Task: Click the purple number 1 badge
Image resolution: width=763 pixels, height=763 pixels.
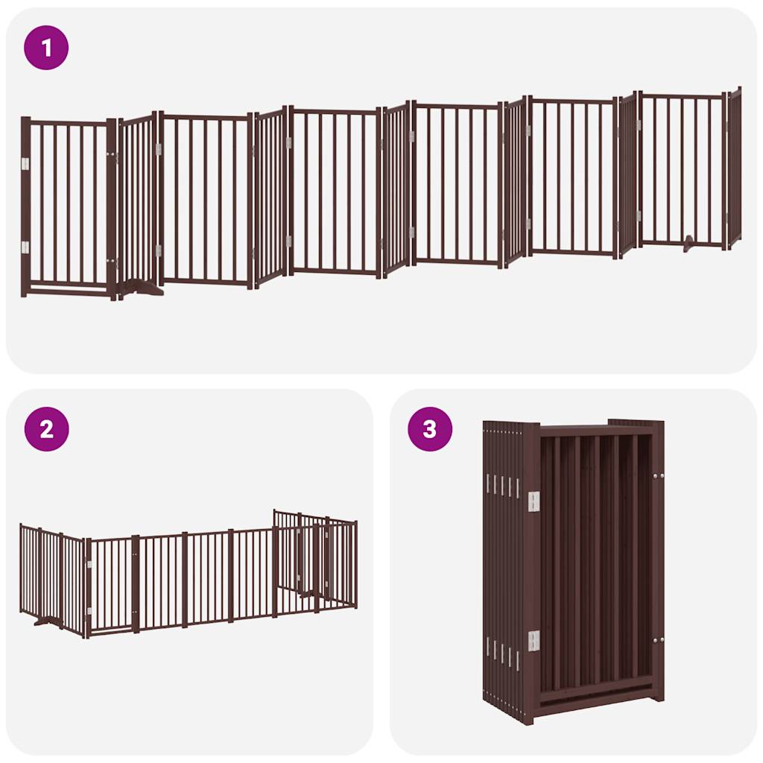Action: click(x=46, y=48)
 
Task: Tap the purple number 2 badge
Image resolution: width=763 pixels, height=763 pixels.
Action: click(x=47, y=429)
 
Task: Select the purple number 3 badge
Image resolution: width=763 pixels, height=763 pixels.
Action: click(x=430, y=429)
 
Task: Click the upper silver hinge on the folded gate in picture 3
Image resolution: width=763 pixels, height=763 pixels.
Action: click(x=534, y=501)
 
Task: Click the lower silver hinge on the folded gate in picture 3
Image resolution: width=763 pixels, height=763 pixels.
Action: click(x=534, y=641)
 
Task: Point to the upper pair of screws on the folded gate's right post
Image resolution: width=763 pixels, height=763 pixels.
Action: click(x=659, y=476)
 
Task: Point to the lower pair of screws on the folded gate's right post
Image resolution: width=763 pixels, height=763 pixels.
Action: click(x=659, y=640)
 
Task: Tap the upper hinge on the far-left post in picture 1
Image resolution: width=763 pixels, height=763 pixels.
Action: click(x=25, y=164)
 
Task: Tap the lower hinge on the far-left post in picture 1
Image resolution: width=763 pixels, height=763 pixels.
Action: click(x=25, y=247)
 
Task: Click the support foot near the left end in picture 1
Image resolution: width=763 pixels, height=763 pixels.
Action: click(x=141, y=288)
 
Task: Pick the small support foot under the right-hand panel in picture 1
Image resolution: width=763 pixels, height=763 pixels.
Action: click(x=689, y=244)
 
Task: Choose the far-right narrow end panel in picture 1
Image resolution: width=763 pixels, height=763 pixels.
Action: click(x=735, y=168)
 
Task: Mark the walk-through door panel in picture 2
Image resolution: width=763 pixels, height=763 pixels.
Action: click(x=112, y=584)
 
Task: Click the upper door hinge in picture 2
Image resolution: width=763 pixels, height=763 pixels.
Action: click(x=89, y=564)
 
